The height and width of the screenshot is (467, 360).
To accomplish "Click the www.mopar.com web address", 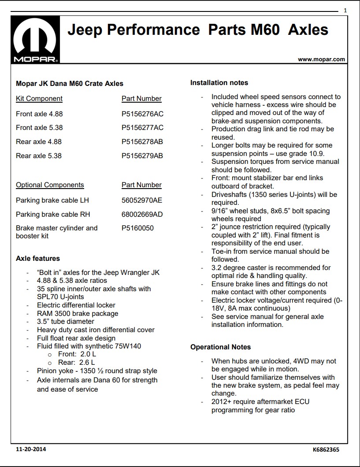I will click(x=321, y=59).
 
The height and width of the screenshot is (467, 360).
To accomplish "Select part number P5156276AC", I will click(x=142, y=114).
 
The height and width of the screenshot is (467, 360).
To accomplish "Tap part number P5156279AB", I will click(x=142, y=156).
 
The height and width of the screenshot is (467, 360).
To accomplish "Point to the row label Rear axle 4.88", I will click(x=39, y=142).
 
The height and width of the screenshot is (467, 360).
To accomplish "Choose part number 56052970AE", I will click(x=142, y=200).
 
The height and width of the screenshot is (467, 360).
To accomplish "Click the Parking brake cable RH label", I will click(x=52, y=215).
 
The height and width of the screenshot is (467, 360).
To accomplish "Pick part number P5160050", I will click(x=138, y=228).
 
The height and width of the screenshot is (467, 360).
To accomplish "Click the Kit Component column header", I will click(x=39, y=99).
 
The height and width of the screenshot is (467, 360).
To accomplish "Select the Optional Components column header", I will click(x=50, y=185).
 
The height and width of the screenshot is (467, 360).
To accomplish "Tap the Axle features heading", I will click(x=38, y=259).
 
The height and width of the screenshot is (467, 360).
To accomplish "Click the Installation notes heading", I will click(x=219, y=83).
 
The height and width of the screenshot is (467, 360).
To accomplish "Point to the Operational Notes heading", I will click(x=220, y=347).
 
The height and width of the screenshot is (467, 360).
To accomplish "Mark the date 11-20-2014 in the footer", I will click(x=30, y=449).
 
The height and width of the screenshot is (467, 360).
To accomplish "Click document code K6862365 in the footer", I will click(x=326, y=450).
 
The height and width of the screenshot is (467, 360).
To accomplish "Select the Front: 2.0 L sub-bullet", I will click(x=77, y=354).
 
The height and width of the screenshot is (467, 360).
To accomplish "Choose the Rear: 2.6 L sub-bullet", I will click(x=77, y=363).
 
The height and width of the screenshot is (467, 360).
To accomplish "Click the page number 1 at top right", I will click(x=345, y=10).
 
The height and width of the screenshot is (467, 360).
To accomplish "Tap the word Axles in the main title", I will click(x=308, y=30).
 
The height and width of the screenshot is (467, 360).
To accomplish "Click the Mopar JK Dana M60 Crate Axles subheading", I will click(x=70, y=83).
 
